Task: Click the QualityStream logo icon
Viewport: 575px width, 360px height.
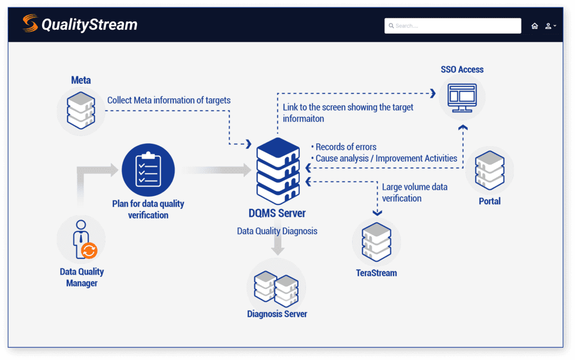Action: pyautogui.click(x=30, y=24)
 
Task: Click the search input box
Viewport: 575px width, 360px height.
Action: pyautogui.click(x=453, y=26)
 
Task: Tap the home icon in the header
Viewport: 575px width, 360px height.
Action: pyautogui.click(x=535, y=26)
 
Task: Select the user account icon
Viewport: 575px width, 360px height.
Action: pyautogui.click(x=548, y=26)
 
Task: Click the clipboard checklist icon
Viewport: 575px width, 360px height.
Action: pyautogui.click(x=148, y=170)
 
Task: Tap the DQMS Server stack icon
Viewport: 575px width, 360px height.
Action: pyautogui.click(x=277, y=171)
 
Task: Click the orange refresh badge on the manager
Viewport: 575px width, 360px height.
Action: pyautogui.click(x=89, y=250)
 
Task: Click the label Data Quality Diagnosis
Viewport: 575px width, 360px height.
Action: pyautogui.click(x=277, y=231)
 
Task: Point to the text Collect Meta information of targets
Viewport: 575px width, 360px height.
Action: pyautogui.click(x=168, y=101)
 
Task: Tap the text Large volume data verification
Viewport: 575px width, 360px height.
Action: pyautogui.click(x=414, y=192)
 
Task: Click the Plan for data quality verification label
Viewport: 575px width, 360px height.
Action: pyautogui.click(x=148, y=209)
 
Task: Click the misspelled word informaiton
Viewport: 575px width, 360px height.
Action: pyautogui.click(x=303, y=119)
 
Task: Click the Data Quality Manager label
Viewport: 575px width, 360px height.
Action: pyautogui.click(x=82, y=277)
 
